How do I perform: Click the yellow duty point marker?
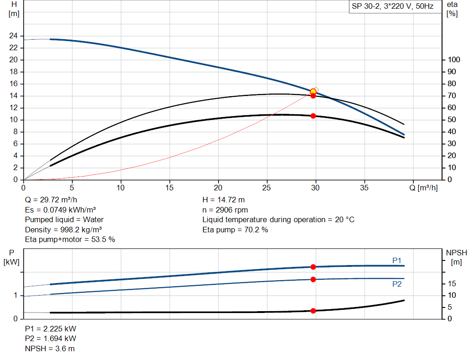click(313, 91)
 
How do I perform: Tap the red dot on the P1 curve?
click(313, 267)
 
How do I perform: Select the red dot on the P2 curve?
click(313, 279)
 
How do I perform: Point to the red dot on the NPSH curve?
click(313, 311)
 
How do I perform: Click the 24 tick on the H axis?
click(14, 36)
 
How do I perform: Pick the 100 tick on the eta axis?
click(454, 60)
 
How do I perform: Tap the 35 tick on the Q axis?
click(365, 188)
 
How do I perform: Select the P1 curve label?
click(397, 261)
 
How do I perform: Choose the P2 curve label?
click(397, 284)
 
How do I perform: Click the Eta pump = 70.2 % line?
click(235, 230)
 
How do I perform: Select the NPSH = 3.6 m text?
click(50, 348)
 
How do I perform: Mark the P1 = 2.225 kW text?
click(51, 329)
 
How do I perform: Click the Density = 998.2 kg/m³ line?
click(64, 230)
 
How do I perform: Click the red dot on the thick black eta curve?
click(313, 116)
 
